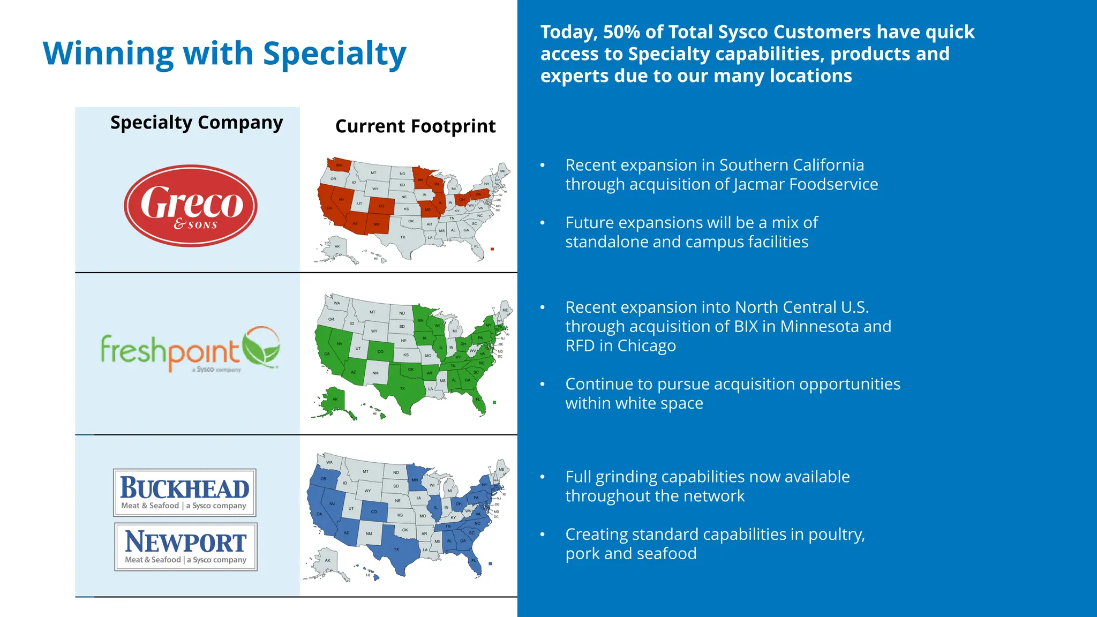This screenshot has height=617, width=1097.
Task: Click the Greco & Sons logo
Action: point(191,206)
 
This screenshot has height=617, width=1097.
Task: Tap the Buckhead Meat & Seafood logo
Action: point(185,492)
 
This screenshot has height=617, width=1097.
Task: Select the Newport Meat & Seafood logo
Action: point(186,546)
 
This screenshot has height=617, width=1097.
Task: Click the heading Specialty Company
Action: point(196,123)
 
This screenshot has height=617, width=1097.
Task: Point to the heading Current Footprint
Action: point(415,126)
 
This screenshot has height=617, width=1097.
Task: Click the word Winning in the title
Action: point(107,54)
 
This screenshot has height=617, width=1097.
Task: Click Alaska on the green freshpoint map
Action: point(334,400)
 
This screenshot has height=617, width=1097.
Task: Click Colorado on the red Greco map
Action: point(381,206)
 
